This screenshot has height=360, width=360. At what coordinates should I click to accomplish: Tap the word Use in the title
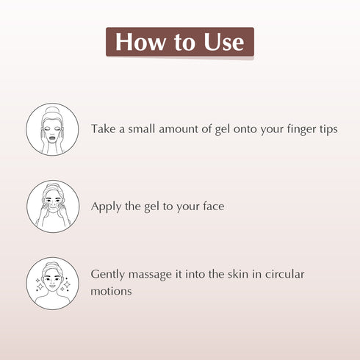(x=223, y=42)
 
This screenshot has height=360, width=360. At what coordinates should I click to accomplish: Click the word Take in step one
(x=103, y=129)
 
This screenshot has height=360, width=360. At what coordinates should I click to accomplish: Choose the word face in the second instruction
(x=214, y=206)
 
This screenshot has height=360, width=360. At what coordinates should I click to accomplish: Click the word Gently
(x=107, y=275)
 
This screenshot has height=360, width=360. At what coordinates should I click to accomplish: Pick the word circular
(x=284, y=274)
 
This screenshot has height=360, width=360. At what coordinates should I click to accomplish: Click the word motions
(x=111, y=292)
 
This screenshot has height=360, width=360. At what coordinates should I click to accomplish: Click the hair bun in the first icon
(x=52, y=111)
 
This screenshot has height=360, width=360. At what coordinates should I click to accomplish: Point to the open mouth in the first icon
(x=52, y=138)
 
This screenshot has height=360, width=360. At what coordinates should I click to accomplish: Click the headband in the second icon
(x=53, y=188)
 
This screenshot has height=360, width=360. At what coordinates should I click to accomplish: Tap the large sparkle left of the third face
(x=40, y=286)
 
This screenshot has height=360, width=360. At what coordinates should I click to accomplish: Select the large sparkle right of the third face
(x=67, y=284)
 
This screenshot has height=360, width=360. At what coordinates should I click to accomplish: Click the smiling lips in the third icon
(x=53, y=286)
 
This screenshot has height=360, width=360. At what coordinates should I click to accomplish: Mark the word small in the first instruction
(x=141, y=129)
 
